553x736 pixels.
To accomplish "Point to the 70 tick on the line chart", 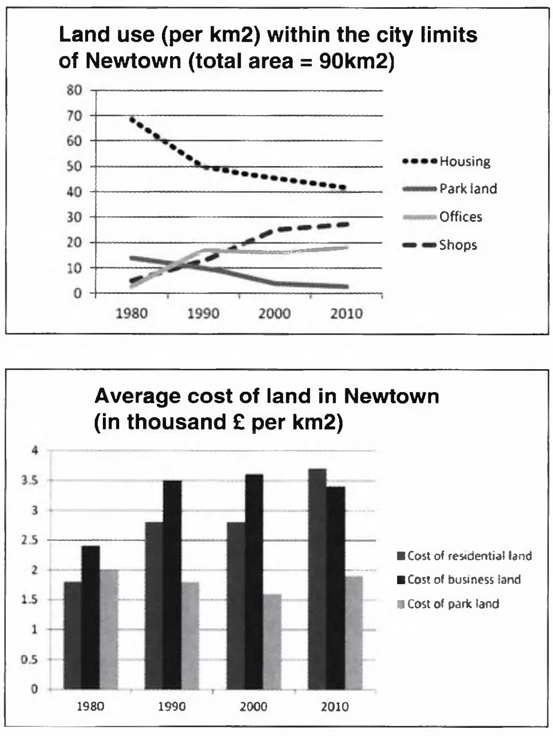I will [x=74, y=116].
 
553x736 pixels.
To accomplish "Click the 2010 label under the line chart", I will [x=346, y=313].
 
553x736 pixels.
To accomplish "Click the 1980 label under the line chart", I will [x=132, y=313].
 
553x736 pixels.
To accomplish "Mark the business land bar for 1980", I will [x=91, y=617].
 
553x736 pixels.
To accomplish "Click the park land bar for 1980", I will [x=109, y=630].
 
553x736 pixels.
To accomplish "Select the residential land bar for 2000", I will [x=236, y=606].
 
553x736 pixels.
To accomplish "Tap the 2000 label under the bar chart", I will [x=254, y=706].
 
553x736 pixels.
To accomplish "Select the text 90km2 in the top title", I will [x=356, y=61].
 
